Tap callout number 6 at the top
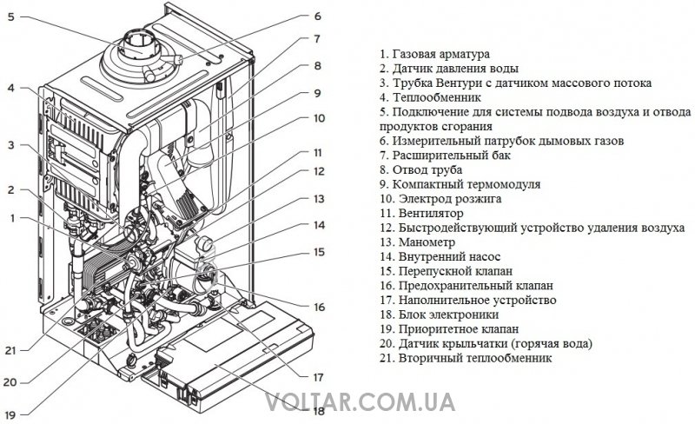317,16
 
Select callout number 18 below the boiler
317,410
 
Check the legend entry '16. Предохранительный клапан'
467,285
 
